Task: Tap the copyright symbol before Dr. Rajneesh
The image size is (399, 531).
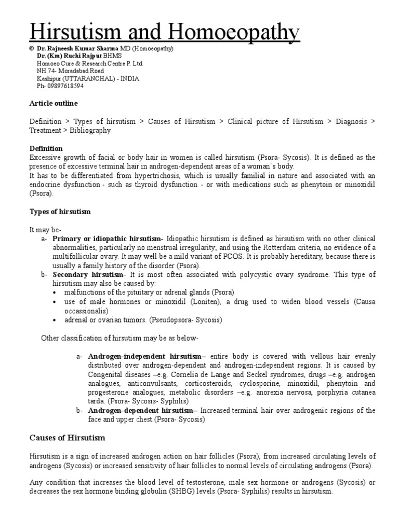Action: tap(31, 48)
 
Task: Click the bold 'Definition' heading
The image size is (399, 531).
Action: tap(46, 148)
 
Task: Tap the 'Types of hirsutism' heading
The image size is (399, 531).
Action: tap(60, 212)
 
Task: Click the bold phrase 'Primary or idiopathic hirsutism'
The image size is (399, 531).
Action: tap(107, 239)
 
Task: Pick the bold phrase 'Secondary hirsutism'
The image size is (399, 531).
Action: tap(88, 274)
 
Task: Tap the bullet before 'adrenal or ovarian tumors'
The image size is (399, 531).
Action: tap(55, 320)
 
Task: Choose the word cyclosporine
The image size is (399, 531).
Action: tap(260, 384)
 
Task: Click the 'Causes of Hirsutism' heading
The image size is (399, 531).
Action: tap(67, 438)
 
